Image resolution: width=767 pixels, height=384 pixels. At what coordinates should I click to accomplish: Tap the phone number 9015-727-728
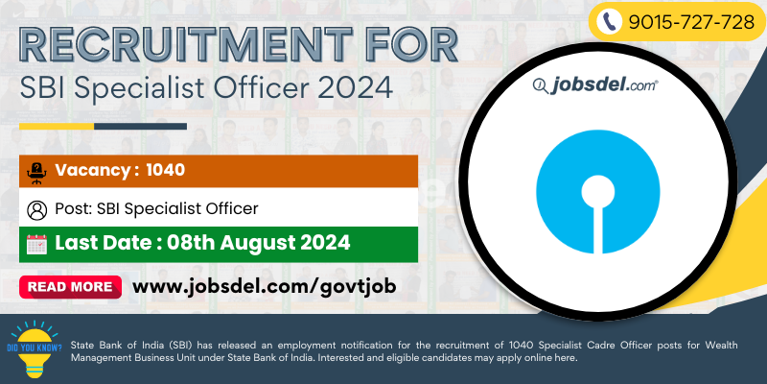click(x=691, y=22)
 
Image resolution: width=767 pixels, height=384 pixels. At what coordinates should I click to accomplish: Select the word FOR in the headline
click(x=409, y=46)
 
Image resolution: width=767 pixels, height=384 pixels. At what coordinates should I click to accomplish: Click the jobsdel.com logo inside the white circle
click(x=595, y=85)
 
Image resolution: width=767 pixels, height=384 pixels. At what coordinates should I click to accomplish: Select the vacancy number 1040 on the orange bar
click(x=165, y=170)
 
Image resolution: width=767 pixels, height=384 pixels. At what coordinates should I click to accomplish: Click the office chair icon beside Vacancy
click(x=36, y=173)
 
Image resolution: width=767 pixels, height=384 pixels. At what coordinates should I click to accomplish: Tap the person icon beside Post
click(x=37, y=210)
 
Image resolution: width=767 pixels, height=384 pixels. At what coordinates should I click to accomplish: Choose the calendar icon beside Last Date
click(x=36, y=244)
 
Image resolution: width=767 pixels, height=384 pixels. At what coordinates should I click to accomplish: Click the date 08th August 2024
click(x=258, y=243)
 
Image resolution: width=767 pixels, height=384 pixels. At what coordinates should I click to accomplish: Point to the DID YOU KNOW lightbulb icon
click(x=35, y=348)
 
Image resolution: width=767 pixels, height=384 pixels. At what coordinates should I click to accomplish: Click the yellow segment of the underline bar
click(x=57, y=127)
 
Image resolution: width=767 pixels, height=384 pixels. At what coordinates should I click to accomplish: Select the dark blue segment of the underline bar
click(x=140, y=127)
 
